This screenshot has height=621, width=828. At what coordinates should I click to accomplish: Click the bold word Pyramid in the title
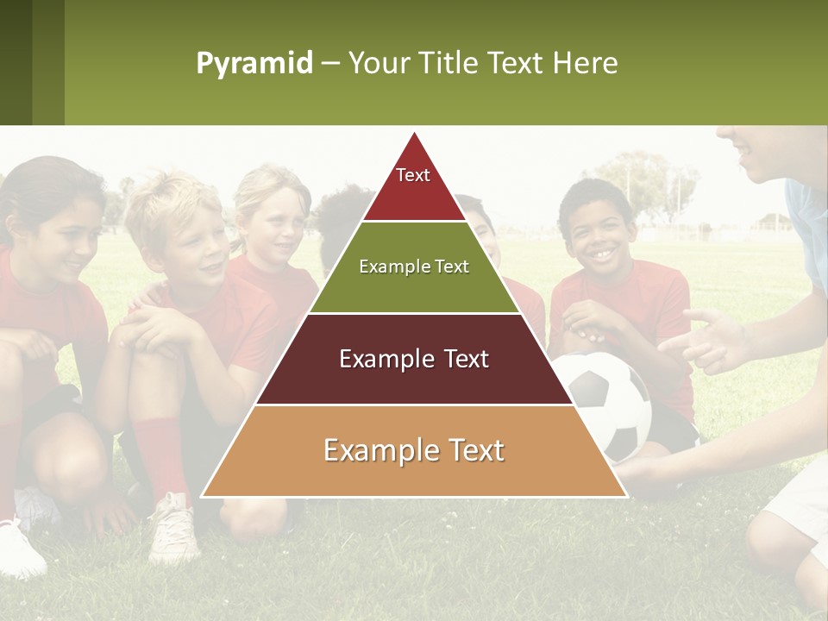point(254,64)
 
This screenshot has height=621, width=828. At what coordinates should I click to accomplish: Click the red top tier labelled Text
point(413,185)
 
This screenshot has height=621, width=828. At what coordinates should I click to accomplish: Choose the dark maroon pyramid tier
point(414,360)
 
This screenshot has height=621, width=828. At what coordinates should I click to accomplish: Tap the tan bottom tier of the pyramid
point(414,451)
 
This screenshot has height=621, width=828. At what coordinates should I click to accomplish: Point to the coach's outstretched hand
point(712,341)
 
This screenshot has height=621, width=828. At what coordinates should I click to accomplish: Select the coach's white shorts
point(798,500)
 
